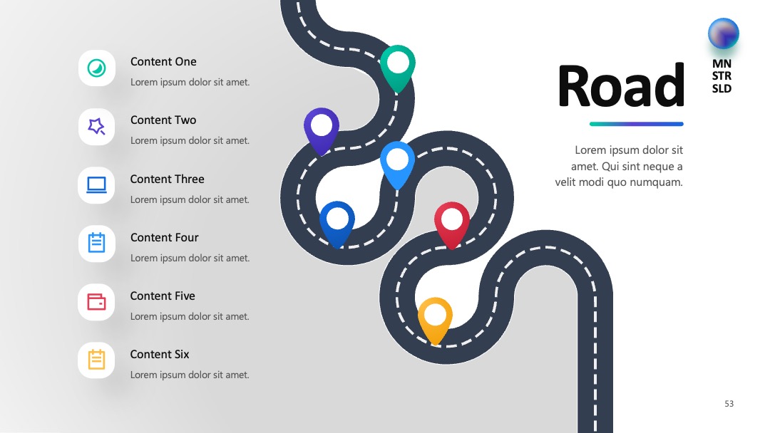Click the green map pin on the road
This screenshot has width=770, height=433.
coord(398,67)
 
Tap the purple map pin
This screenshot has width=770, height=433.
coord(322,130)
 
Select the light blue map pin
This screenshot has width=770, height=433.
coord(397,163)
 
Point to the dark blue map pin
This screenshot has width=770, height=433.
coord(337,223)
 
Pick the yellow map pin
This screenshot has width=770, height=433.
coord(435,320)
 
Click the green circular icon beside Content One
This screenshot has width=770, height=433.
coord(97,68)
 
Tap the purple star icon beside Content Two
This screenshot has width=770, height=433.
coord(96,127)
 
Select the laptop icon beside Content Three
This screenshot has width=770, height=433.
coord(96,185)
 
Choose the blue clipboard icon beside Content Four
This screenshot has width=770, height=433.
coord(96,243)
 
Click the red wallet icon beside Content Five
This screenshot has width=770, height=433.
coord(96,301)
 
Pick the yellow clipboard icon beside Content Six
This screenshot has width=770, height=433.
coord(96,360)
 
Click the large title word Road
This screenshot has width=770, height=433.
coord(621,85)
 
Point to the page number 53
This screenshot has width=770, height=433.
coord(729,404)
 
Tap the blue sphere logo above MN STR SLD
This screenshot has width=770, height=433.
coord(724,34)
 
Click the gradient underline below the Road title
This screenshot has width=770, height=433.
coord(637,124)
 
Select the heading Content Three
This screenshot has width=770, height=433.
coord(167,179)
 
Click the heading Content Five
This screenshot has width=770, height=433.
coord(163,296)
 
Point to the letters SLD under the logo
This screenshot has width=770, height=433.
coord(722,89)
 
